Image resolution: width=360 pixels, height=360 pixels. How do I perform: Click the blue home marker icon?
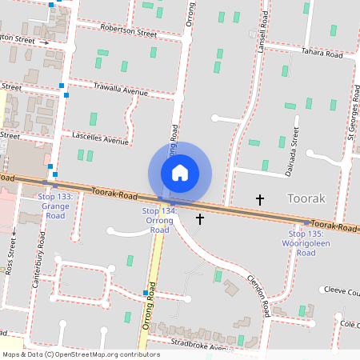180,173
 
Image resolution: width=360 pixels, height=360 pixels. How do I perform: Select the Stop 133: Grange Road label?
54,206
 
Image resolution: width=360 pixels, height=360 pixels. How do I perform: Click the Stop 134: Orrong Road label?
157,220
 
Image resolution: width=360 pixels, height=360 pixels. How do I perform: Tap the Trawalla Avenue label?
121,89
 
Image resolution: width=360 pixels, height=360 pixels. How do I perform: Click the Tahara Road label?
322,54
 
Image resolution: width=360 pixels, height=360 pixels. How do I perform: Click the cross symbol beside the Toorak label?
259,198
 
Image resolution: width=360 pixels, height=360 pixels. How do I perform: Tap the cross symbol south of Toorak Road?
200,218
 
